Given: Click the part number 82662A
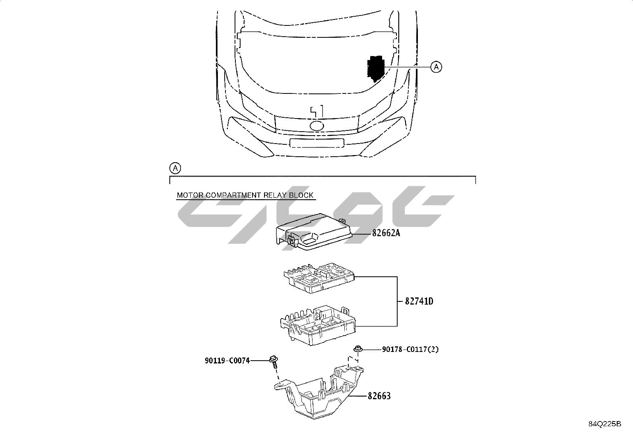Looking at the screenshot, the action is pos(386,233).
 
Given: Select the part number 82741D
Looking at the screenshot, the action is pos(419,301).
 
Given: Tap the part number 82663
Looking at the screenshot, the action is pos(379,396).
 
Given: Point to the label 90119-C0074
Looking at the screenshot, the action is pos(227,361).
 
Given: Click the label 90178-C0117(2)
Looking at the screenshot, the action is pos(410,350).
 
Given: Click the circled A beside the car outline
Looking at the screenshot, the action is pos(436,67).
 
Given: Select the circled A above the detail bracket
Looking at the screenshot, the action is pos(175,169).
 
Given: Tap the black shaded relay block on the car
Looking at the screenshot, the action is pos(376,69).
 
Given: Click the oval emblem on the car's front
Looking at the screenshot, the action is pos(317,126).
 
